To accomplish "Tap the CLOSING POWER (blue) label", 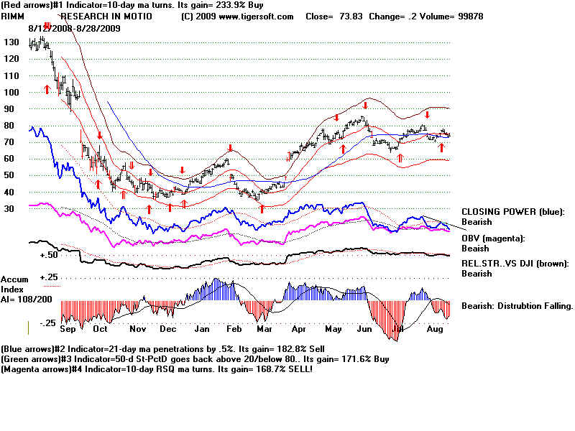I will pos(513,212).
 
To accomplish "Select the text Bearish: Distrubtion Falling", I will pos(517,305).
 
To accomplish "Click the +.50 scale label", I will pos(49,255).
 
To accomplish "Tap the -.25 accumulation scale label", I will pos(47,323).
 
